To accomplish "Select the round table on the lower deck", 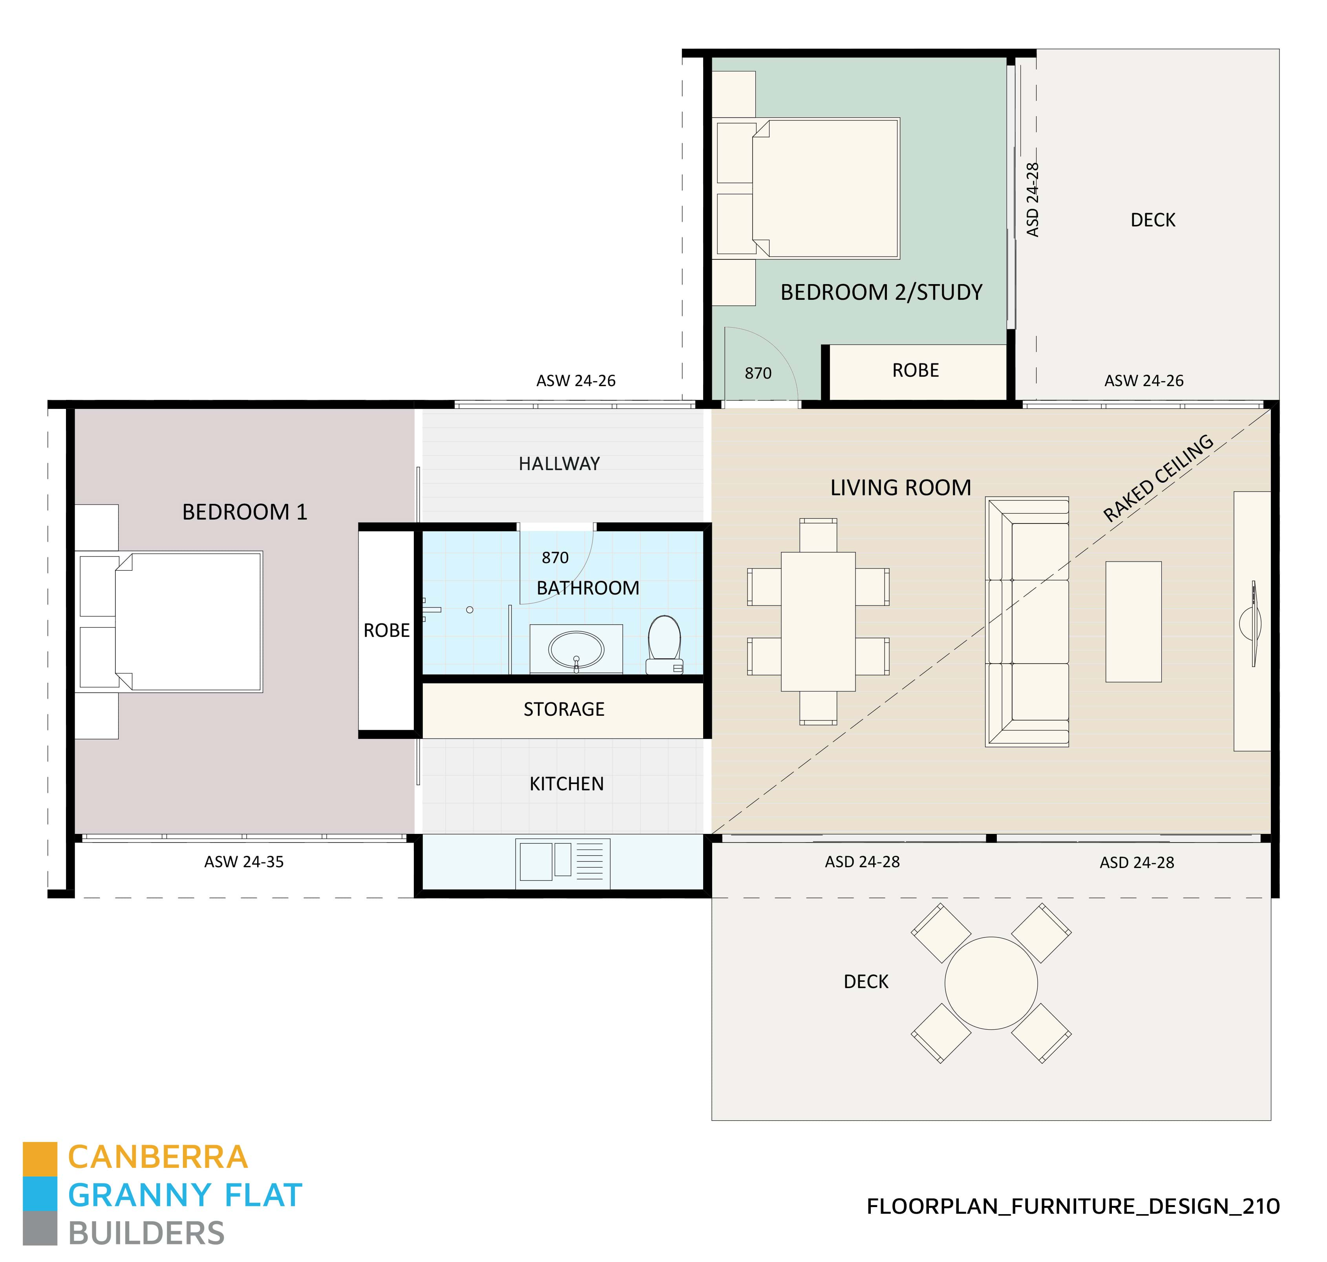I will pos(991,983).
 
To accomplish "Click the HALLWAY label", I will pos(559,463).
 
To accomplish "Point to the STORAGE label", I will pos(564,709).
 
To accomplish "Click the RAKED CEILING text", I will pos(1157,478).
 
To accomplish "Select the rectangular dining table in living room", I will pos(818,622).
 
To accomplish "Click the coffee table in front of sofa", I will pos(1133,622).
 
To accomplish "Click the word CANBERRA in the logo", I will pos(158,1157).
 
